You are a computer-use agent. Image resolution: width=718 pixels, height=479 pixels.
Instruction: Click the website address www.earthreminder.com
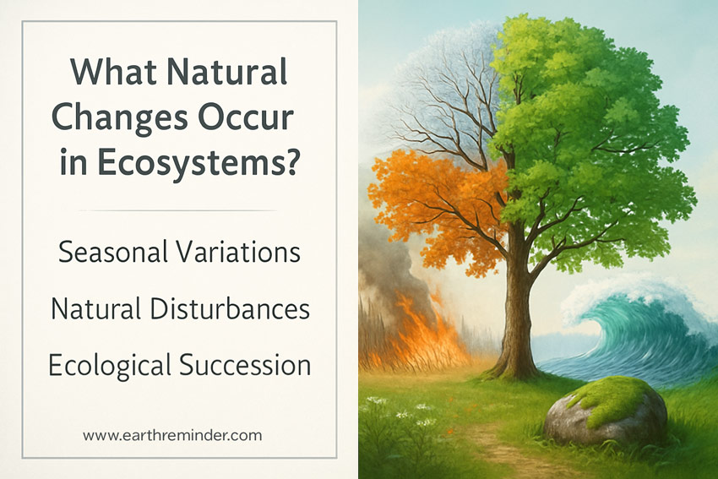pos(172,436)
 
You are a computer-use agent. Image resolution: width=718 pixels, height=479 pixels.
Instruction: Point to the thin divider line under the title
pos(179,210)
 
